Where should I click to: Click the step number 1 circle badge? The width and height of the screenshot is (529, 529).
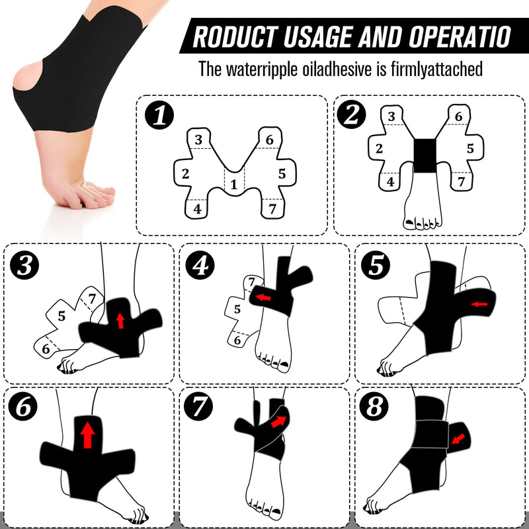coord(159,116)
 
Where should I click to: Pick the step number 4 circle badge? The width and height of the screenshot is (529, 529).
coord(201,266)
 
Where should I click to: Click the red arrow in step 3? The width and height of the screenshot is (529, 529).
coord(120,321)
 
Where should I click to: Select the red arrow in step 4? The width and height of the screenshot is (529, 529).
coord(263,298)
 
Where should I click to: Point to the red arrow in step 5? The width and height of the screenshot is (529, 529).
coord(479,304)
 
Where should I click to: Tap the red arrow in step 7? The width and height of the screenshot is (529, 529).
coord(279,421)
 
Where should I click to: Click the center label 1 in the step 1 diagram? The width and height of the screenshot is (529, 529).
coord(233,185)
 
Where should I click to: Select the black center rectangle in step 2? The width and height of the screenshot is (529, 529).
coord(425,156)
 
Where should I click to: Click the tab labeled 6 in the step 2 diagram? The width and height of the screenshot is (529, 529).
coord(458,117)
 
